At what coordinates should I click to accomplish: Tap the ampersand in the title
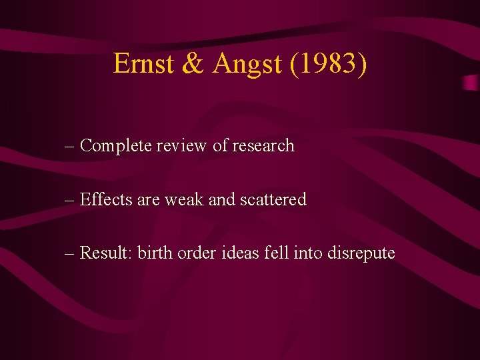tap(193, 64)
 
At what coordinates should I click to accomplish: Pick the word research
tap(263, 145)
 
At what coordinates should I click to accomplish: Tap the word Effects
tap(107, 199)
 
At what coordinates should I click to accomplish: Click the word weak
tap(186, 199)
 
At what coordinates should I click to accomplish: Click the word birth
tap(155, 253)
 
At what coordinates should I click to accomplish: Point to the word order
tap(197, 253)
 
